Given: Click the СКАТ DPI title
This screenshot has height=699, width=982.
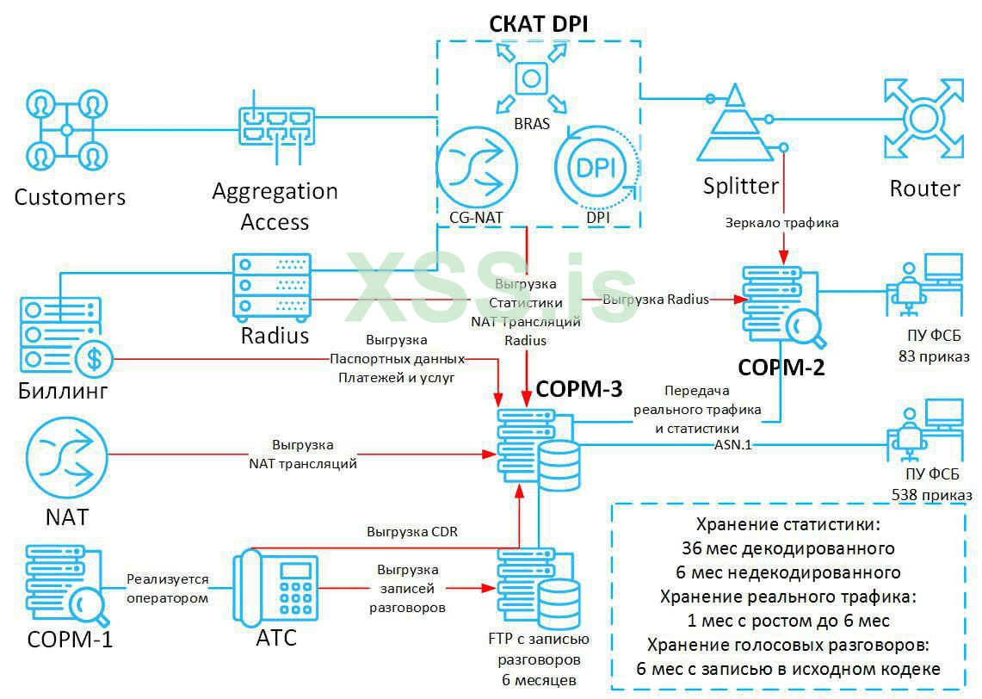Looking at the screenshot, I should [539, 23].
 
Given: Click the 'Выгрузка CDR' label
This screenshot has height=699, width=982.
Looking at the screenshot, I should [412, 532].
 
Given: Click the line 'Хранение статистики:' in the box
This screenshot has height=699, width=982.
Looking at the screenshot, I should [788, 523].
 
